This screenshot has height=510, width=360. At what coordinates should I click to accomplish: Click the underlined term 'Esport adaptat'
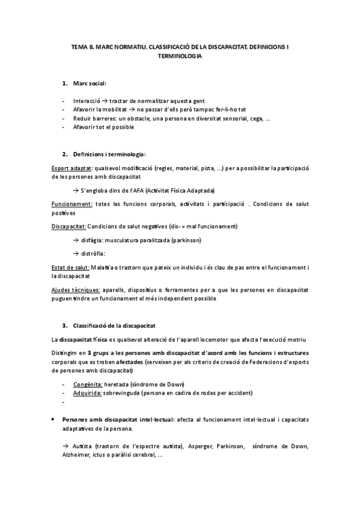click(x=71, y=170)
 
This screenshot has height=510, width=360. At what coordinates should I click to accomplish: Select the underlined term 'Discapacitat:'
click(x=69, y=226)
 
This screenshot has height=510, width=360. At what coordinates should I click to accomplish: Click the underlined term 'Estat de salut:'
click(x=70, y=267)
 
